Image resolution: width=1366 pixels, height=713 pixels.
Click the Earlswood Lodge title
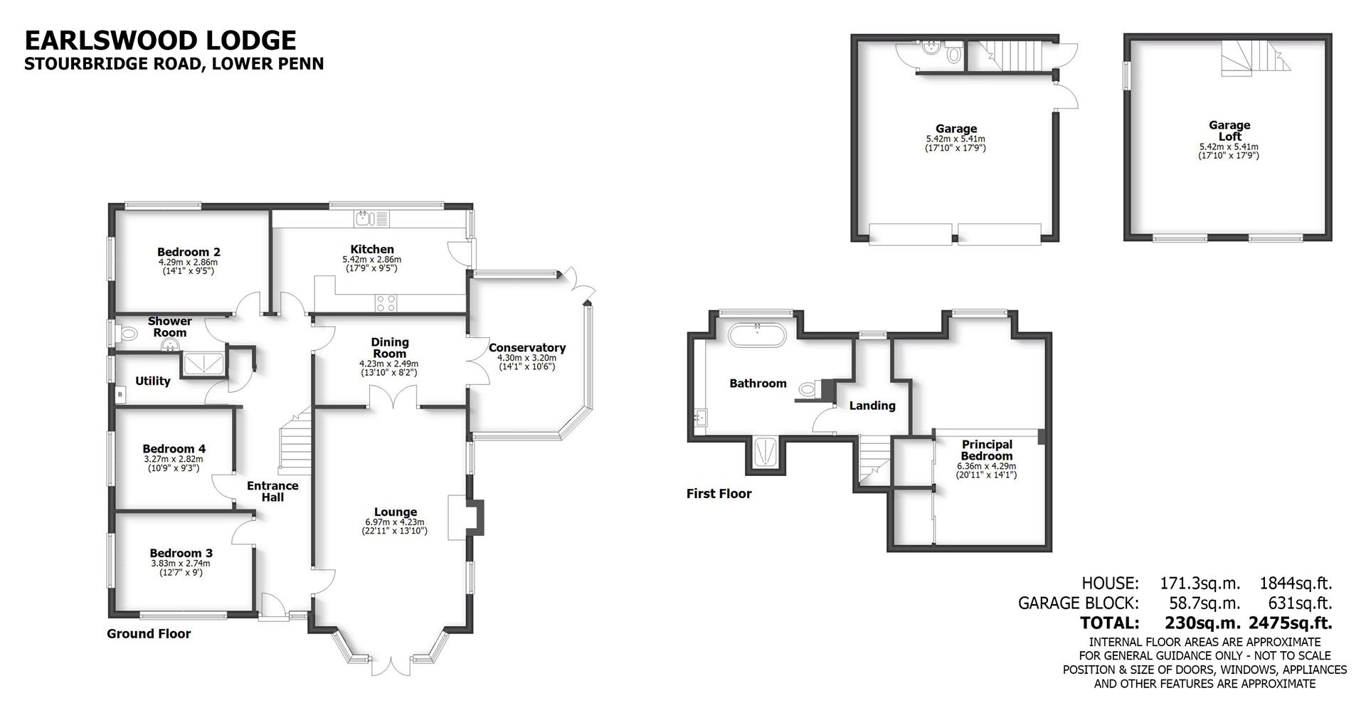point(160,40)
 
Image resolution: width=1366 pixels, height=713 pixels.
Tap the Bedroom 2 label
point(189,252)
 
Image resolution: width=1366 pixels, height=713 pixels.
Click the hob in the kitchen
point(386,303)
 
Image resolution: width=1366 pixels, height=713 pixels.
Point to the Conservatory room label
point(526,348)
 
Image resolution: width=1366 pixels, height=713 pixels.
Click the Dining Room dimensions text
point(388,368)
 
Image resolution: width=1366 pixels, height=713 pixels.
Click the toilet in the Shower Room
point(128,332)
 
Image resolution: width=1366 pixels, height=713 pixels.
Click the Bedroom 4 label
point(174,449)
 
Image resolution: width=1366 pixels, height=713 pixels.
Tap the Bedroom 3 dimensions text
point(180,567)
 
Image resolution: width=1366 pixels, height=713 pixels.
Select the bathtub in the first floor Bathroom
point(758,335)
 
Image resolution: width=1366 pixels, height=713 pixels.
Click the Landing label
point(872,406)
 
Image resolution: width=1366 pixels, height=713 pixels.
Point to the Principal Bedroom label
point(986,450)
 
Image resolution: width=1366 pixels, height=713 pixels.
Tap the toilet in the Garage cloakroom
point(954,54)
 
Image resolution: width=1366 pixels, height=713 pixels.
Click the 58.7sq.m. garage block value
point(1204,603)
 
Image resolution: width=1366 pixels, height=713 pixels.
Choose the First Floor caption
point(719,494)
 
